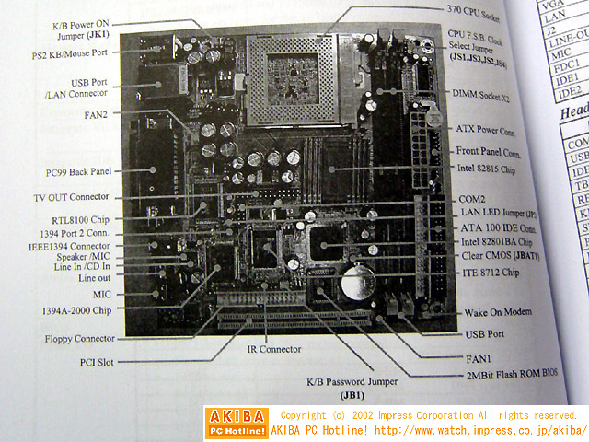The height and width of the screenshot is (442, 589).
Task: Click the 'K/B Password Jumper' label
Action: [352, 381]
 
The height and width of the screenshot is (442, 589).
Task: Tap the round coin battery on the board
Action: [354, 281]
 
